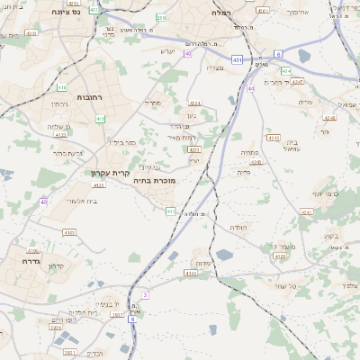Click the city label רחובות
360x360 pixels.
[x=93, y=97]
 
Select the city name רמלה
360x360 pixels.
[x=220, y=13]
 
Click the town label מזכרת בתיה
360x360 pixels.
[x=154, y=181]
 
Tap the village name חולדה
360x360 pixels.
[x=238, y=228]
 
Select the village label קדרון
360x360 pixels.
[x=58, y=267]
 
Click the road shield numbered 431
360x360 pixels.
[x=237, y=59]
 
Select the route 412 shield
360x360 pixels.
[x=100, y=119]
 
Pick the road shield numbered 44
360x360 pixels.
[x=251, y=88]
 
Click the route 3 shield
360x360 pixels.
[x=145, y=294]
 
